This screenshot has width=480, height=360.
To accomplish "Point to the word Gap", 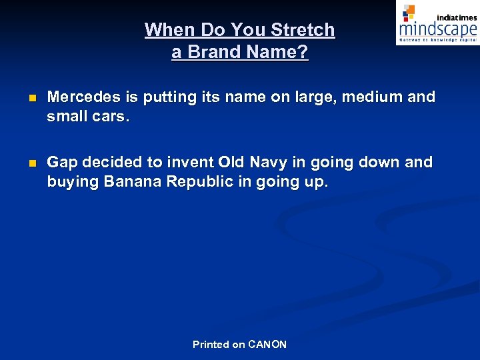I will click(63, 163).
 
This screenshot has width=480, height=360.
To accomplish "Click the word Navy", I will click(270, 163).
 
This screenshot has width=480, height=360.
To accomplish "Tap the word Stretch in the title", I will click(303, 30).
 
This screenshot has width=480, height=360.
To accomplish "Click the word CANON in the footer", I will click(267, 345).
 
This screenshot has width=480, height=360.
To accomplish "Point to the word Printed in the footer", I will click(211, 345).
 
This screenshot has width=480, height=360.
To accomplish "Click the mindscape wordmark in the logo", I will click(437, 29).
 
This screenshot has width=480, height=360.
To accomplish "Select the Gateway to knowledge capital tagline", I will click(437, 40).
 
